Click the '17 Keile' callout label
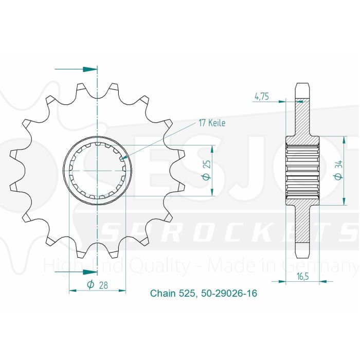click(x=211, y=123)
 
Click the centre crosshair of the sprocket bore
click(x=97, y=169)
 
